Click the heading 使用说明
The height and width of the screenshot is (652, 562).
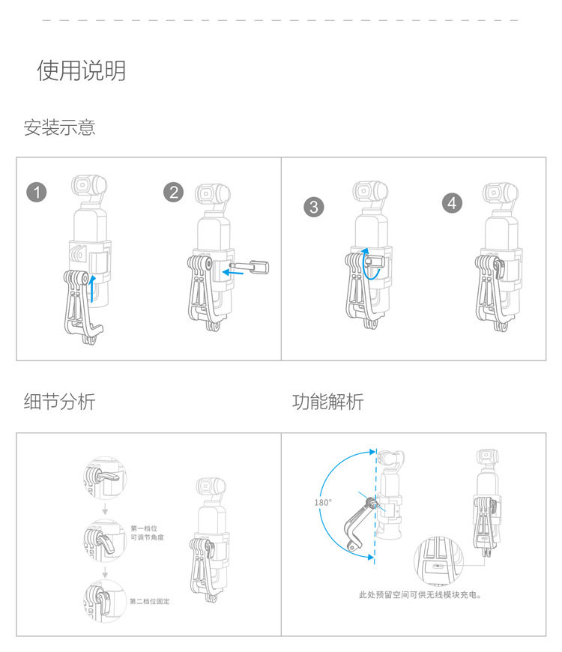point(82,70)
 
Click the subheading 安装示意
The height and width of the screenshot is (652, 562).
point(60,127)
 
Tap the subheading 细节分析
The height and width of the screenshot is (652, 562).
point(60,402)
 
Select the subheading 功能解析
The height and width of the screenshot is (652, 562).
point(327,402)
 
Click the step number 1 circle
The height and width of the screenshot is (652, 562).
point(37,193)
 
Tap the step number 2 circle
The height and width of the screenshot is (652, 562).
point(173,193)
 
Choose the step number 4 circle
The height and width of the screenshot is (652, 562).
point(452,202)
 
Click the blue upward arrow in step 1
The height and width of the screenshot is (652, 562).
point(91,289)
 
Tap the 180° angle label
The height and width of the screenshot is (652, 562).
point(324,502)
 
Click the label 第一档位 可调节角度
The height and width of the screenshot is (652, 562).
point(146,533)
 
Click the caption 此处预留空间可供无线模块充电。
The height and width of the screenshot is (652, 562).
point(420,596)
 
